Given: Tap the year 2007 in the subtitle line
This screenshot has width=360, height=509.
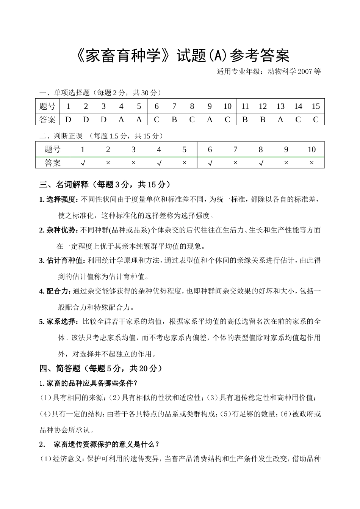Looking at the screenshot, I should click(305, 71).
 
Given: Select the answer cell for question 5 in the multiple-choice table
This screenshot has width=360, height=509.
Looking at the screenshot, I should click(139, 119).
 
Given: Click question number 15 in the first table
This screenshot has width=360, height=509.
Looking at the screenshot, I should click(316, 107).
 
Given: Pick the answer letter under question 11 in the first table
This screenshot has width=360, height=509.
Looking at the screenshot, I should click(245, 119).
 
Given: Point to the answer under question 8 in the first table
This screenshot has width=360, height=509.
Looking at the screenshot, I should click(192, 119).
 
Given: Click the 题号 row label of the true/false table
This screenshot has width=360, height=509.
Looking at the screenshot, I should click(53, 149).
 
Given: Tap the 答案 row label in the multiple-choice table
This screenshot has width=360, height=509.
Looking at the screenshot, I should click(47, 119).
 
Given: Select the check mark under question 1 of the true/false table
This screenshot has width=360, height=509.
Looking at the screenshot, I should click(83, 163).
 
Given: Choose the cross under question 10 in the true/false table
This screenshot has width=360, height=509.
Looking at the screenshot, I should click(311, 163).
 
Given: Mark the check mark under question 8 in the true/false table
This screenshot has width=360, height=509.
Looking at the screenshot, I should click(261, 163).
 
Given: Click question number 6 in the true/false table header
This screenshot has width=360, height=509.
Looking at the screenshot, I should click(210, 149).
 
